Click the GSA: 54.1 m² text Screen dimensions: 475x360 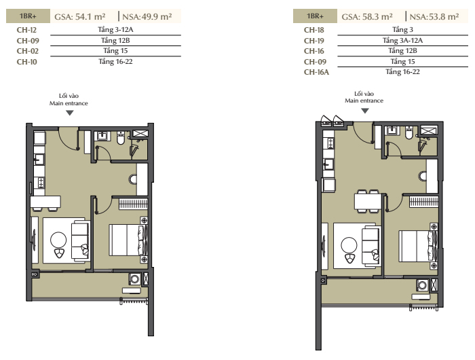click(80, 16)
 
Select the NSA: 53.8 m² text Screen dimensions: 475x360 click(434, 16)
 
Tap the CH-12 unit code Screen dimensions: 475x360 click(26, 30)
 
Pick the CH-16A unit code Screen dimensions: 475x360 click(316, 72)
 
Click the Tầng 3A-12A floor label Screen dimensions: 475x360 click(402, 40)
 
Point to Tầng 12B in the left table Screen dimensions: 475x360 click(115, 40)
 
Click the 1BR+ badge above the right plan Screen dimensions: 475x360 click(315, 16)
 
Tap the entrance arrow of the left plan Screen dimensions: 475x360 click(70, 113)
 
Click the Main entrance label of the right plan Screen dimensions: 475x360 click(364, 101)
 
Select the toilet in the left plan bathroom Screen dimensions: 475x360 click(121, 138)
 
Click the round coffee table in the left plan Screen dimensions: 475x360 click(58, 240)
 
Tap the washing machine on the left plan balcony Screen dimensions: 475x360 click(134, 279)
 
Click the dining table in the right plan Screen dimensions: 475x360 click(368, 201)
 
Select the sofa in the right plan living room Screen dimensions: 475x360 click(370, 246)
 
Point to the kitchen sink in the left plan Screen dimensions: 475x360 click(39, 159)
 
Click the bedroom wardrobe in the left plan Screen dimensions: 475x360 click(133, 204)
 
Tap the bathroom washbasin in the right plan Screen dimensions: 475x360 click(392, 130)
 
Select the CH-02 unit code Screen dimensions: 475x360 click(28, 51)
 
